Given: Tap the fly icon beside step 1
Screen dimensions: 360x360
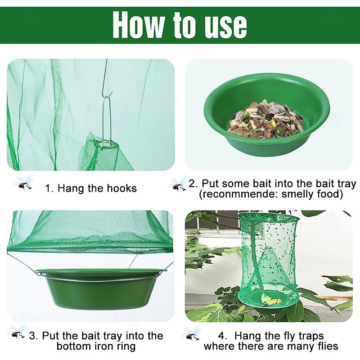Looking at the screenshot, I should coord(24,183).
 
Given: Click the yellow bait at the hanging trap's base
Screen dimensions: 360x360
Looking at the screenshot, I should coord(273,301).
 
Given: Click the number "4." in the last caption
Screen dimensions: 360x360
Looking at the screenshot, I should coord(223,336).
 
